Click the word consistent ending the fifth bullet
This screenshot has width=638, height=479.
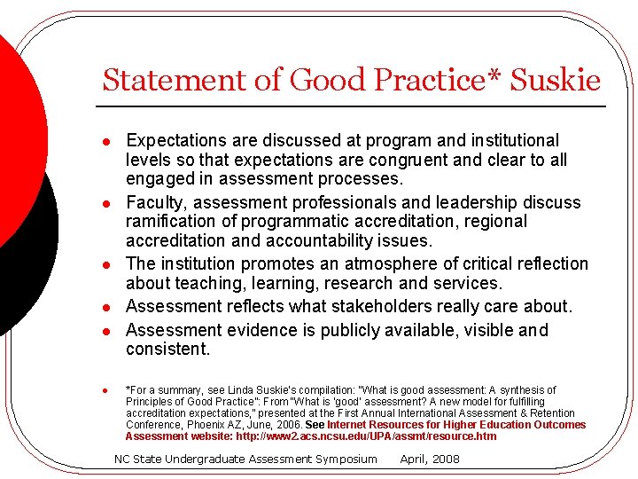tap(167, 349)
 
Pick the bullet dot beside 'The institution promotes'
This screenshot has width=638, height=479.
tap(105, 264)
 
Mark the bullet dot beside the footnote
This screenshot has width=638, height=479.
tap(105, 390)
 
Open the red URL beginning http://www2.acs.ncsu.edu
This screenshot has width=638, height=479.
tap(366, 436)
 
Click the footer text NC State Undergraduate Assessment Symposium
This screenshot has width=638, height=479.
tap(245, 459)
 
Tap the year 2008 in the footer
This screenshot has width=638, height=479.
tap(445, 459)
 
